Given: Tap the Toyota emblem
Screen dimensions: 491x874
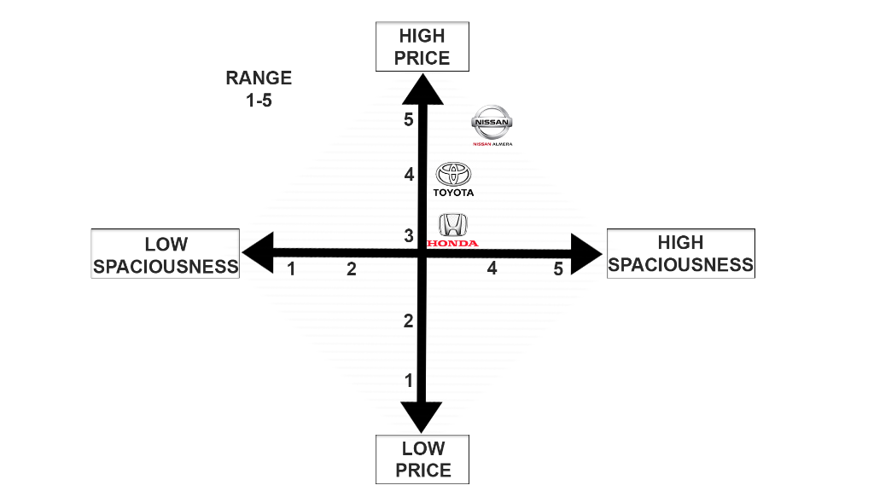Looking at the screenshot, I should (453, 174).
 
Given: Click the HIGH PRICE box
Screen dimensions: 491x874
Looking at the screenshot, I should (422, 47).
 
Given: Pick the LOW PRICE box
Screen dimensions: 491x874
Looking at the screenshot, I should (423, 459).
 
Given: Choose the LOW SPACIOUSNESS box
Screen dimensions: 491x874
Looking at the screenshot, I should (166, 254).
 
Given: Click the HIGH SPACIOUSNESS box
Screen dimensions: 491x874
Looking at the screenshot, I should (680, 253).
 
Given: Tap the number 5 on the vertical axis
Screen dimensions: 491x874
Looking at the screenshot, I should (409, 119).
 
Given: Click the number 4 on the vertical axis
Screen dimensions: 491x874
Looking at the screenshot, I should (409, 175).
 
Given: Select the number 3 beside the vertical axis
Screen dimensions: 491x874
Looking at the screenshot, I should (409, 235).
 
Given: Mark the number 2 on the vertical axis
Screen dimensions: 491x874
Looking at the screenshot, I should (409, 321).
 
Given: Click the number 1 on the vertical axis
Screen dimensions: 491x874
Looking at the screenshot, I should (409, 380).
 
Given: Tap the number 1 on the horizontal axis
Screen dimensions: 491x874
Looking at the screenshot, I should (292, 269).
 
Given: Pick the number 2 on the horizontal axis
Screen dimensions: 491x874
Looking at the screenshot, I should (351, 269).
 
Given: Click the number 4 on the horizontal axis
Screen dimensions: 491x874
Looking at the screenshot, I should (492, 269).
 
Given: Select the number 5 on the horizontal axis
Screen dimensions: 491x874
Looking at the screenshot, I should (558, 269).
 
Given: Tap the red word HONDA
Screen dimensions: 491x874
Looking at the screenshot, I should (452, 244).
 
